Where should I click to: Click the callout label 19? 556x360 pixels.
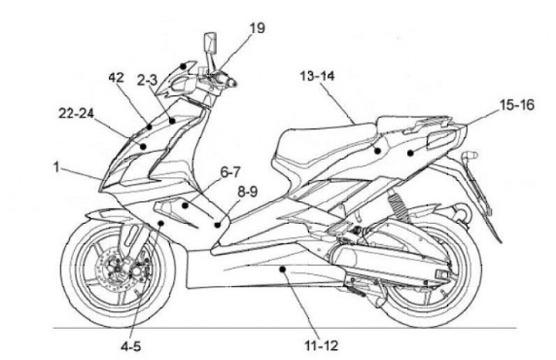click(257, 29)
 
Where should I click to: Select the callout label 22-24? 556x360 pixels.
click(76, 114)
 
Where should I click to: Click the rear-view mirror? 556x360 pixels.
click(209, 43)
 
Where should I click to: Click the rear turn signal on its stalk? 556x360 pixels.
click(470, 157)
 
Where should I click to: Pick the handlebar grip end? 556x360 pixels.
click(231, 81)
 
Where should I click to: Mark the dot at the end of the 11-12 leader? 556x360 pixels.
click(284, 269)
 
